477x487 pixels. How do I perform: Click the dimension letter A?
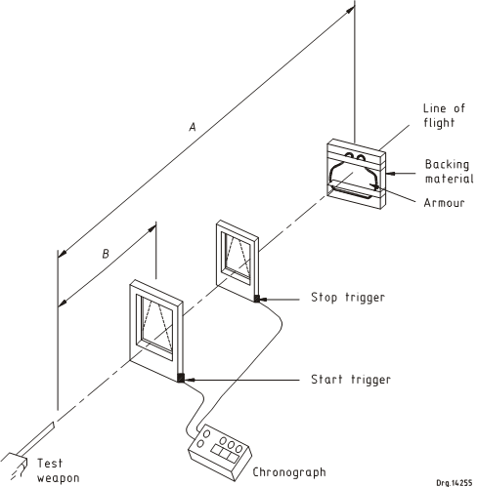point(193,127)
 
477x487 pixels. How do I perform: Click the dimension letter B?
point(106,254)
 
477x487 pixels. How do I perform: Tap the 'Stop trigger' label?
point(348,298)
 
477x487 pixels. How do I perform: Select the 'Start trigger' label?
point(351,380)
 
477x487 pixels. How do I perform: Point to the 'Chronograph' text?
point(289,472)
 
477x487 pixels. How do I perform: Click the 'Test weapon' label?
point(58,470)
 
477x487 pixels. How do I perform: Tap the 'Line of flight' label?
point(444,115)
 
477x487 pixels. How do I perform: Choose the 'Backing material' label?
point(449,172)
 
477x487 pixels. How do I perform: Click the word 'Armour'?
point(444,203)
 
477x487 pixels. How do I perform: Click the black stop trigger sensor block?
point(257,299)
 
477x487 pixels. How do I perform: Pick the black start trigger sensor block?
point(181,378)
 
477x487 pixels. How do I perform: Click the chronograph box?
point(220,452)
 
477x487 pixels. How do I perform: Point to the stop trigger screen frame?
point(238,261)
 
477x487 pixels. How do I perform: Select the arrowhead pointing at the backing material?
point(390,174)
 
